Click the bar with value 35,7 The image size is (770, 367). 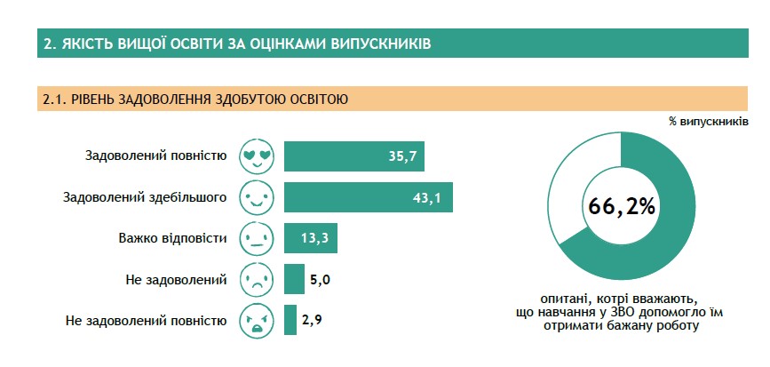(354, 156)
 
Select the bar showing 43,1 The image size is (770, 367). (369, 197)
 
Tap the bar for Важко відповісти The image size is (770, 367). (310, 238)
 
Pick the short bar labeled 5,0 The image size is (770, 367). (294, 279)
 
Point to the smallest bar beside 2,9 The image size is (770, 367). (290, 320)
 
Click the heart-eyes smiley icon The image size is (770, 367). (257, 156)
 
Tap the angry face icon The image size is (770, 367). (257, 320)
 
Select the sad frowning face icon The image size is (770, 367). (257, 279)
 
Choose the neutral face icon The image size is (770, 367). (257, 238)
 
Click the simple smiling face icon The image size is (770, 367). (257, 197)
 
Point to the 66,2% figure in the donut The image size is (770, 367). (621, 207)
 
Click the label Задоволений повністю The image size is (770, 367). (156, 156)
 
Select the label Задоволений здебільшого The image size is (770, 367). (146, 197)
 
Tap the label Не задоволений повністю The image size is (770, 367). (147, 322)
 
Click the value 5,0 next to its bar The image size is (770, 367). (320, 280)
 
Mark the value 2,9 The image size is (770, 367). (313, 321)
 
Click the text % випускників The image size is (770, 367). (709, 122)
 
